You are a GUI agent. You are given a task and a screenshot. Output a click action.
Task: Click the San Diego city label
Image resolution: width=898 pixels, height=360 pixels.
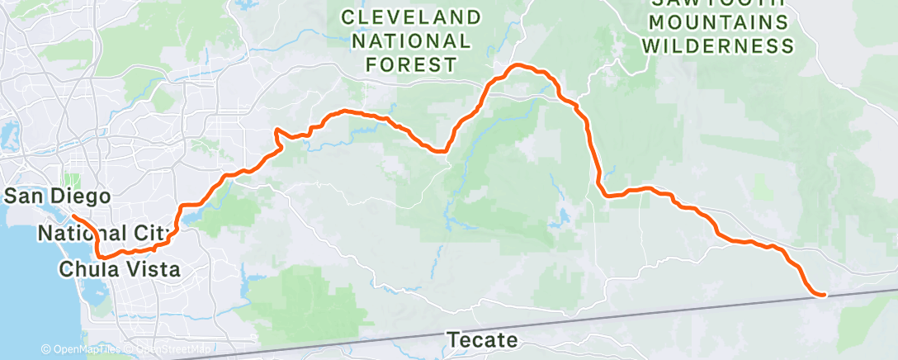click(58, 197)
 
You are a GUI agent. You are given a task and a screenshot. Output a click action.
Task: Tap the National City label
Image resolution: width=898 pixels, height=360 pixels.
click(103, 234)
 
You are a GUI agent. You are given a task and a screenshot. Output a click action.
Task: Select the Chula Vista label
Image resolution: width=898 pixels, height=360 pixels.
click(119, 269)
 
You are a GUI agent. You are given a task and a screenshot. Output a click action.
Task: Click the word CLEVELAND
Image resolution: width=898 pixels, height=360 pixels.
click(411, 17)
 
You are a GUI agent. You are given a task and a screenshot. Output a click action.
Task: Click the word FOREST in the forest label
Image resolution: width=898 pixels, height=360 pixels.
click(411, 64)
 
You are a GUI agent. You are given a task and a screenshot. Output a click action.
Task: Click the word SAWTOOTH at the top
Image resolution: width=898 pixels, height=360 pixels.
click(717, 3)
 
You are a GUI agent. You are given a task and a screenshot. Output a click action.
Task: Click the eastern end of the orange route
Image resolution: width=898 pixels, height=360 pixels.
click(823, 294)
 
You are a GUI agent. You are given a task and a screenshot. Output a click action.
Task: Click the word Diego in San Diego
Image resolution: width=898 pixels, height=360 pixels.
click(83, 197)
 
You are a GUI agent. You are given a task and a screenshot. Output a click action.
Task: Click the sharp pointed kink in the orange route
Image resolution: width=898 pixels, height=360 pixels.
click(276, 130)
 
